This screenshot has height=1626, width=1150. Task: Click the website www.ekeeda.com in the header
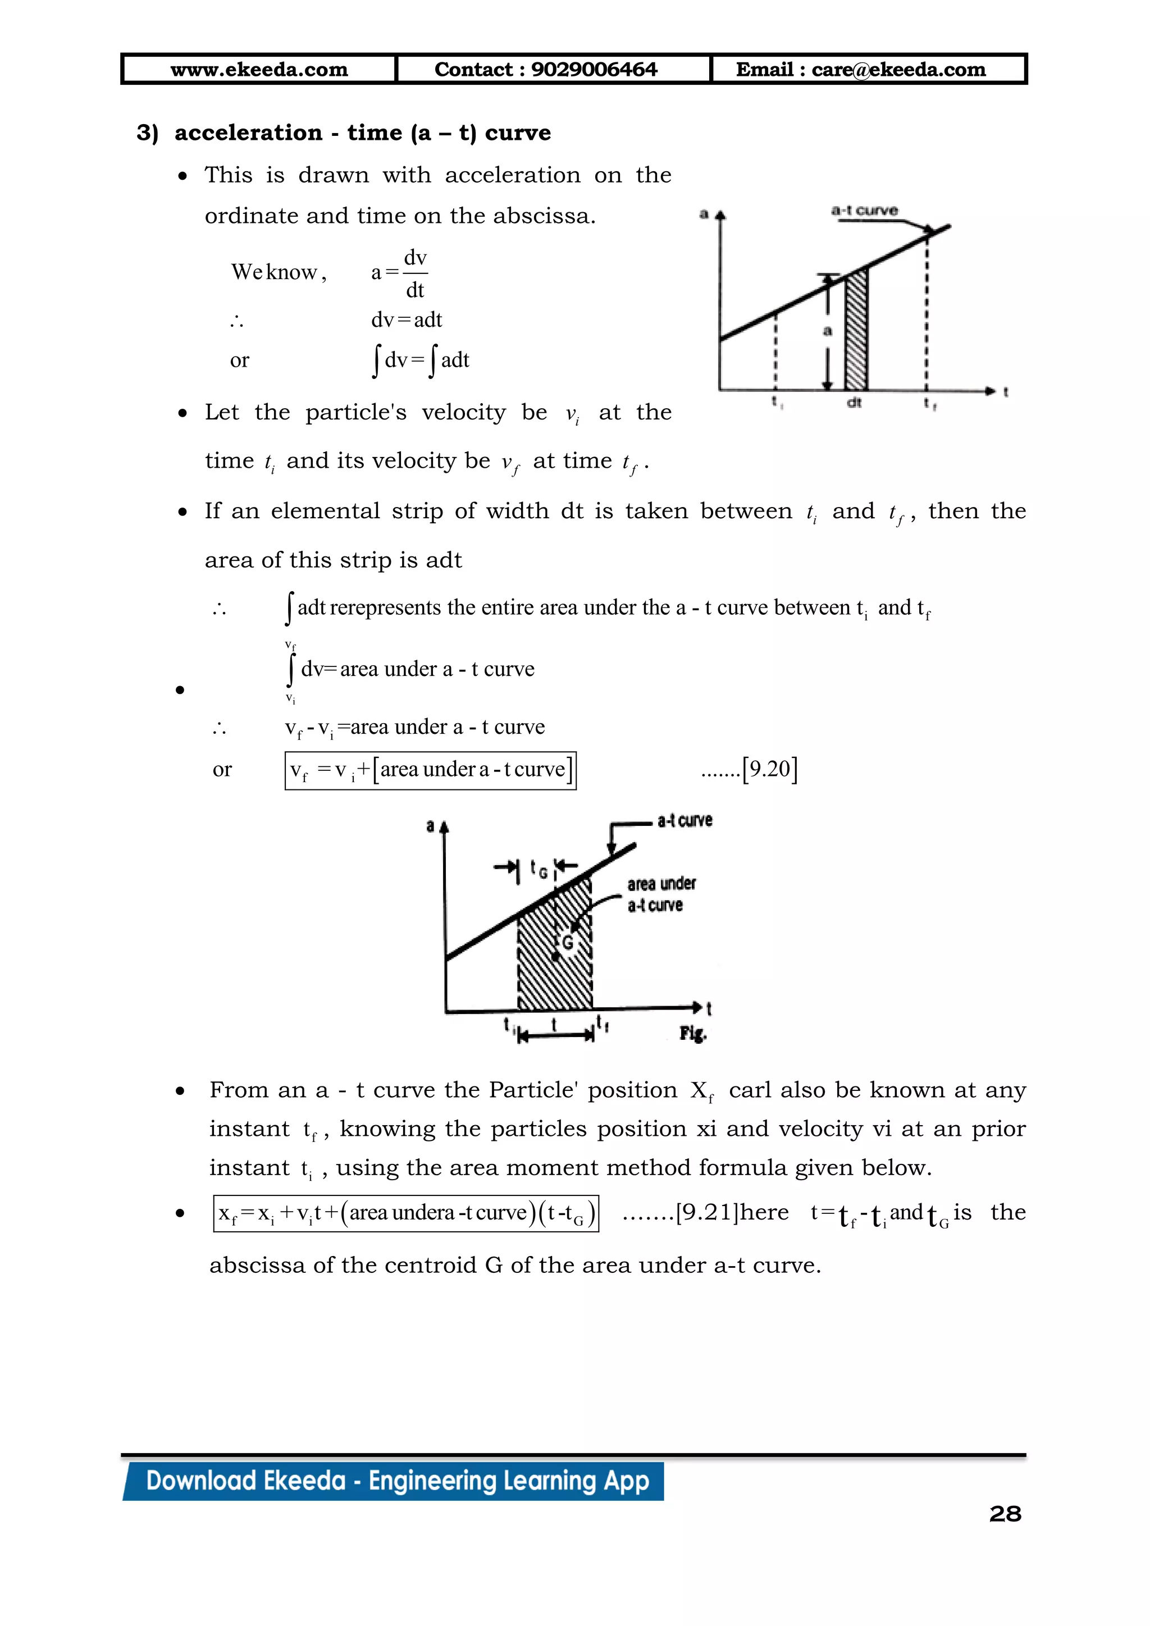pos(259,70)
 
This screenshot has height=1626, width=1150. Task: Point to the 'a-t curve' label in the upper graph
pos(864,211)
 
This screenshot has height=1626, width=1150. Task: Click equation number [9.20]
pos(770,769)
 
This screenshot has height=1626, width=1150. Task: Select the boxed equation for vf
pos(431,770)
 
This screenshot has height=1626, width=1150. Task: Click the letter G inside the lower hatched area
pos(567,943)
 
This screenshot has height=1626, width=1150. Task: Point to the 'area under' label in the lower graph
pos(661,884)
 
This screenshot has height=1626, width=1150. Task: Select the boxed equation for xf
pos(406,1213)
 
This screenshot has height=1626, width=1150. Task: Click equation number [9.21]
pos(708,1212)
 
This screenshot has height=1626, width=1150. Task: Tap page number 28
pos(1005,1513)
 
